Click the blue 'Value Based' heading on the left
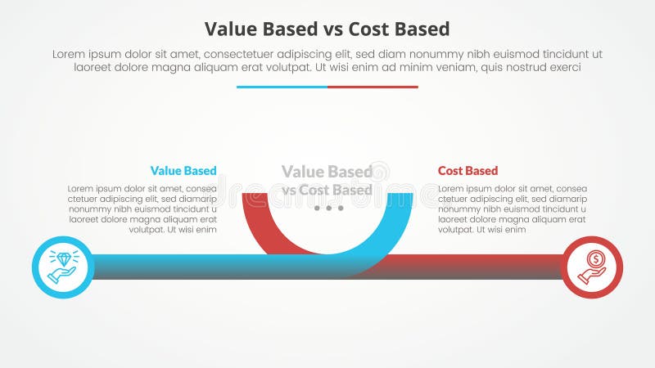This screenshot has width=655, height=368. pyautogui.click(x=183, y=171)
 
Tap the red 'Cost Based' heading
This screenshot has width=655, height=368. pyautogui.click(x=468, y=171)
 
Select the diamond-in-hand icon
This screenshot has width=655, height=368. pyautogui.click(x=63, y=267)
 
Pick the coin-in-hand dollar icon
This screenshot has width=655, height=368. pyautogui.click(x=593, y=267)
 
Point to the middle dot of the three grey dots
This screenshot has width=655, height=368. pyautogui.click(x=328, y=209)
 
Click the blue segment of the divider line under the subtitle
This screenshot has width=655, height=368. pyautogui.click(x=282, y=87)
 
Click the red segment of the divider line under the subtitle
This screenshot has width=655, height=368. pyautogui.click(x=373, y=87)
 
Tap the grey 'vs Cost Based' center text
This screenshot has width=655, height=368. pyautogui.click(x=327, y=191)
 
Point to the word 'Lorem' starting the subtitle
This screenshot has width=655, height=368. pyautogui.click(x=70, y=54)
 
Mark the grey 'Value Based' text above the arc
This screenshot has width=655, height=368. pyautogui.click(x=327, y=172)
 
